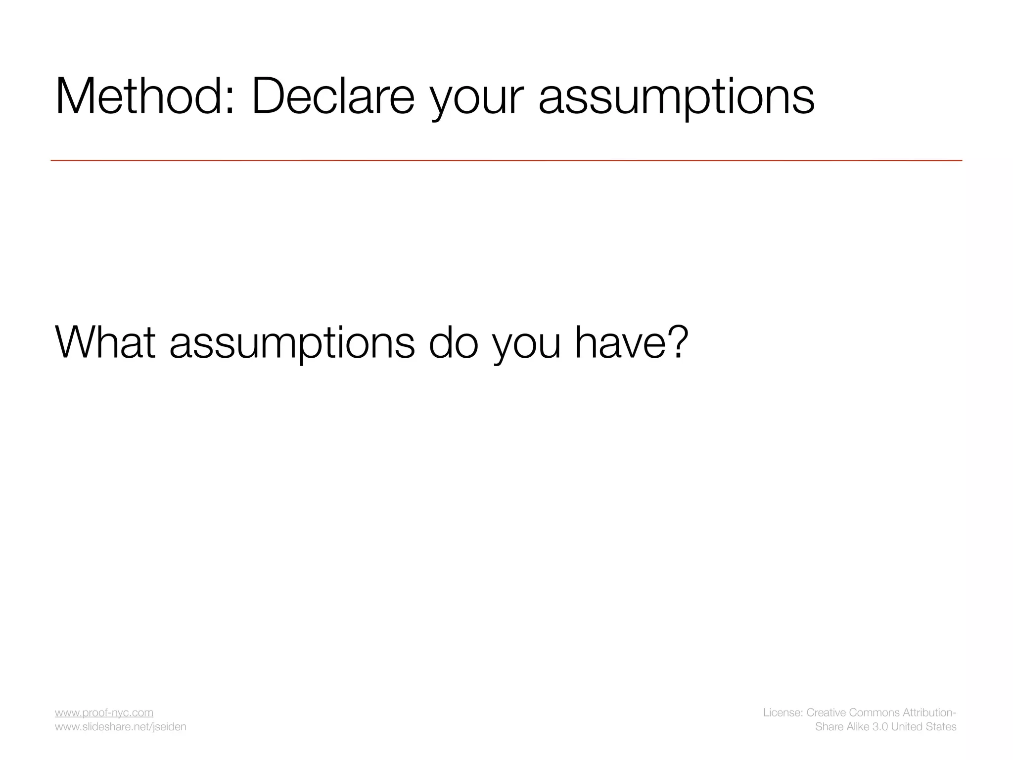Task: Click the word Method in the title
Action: pyautogui.click(x=143, y=96)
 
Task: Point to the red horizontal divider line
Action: pyautogui.click(x=506, y=160)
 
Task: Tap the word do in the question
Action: pyautogui.click(x=453, y=342)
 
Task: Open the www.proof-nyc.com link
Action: pyautogui.click(x=104, y=712)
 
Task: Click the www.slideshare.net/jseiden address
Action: pyautogui.click(x=121, y=726)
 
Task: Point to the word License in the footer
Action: pyautogui.click(x=783, y=712)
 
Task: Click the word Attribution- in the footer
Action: pyautogui.click(x=929, y=712)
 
